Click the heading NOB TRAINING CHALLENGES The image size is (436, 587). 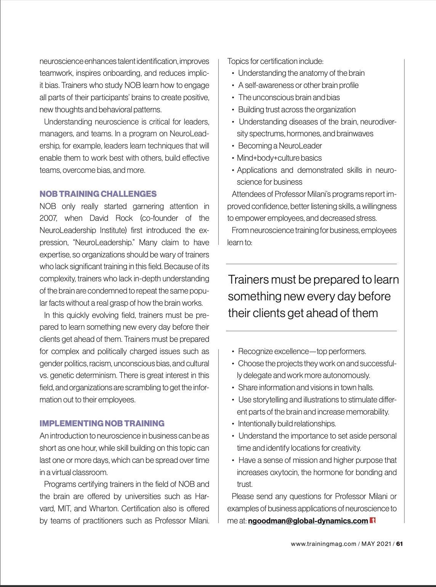pos(98,194)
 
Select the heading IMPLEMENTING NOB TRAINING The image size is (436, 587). pos(102,423)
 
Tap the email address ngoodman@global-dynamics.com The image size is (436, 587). pos(308,521)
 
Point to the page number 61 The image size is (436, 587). pos(399,544)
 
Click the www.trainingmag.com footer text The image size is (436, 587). pos(323,544)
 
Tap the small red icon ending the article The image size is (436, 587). pos(372,520)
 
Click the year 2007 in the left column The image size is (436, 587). pos(48,219)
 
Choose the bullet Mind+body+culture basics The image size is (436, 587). pos(279,158)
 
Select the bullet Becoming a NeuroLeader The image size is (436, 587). pos(280,146)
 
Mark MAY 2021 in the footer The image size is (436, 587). pos(377,544)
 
